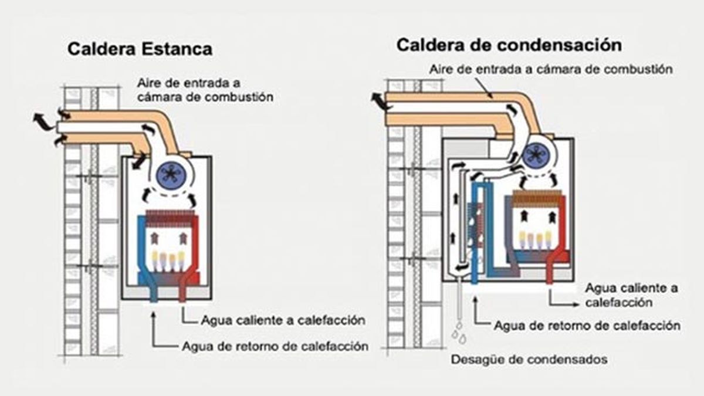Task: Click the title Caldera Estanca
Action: point(140,49)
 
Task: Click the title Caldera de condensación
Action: point(509,44)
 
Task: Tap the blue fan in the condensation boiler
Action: point(534,154)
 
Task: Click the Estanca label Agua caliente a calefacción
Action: point(283,320)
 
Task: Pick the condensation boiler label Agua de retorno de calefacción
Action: point(587,325)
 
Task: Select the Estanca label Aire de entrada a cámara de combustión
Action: point(205,89)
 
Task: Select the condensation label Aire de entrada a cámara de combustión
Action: point(550,69)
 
